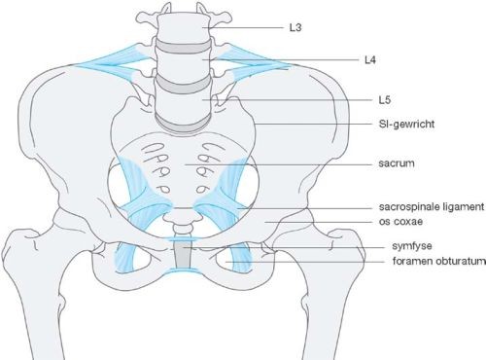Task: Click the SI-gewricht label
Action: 406,124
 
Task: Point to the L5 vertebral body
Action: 185,103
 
